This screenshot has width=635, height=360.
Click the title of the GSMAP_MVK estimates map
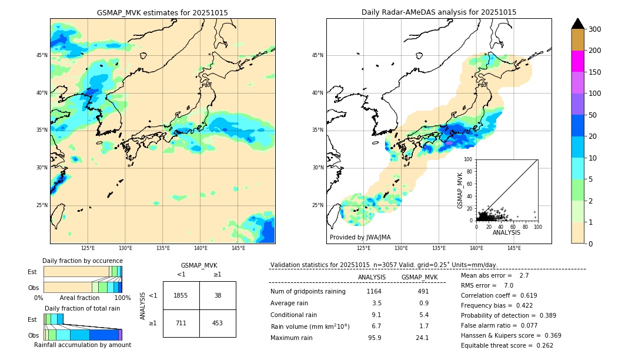[x=162, y=12]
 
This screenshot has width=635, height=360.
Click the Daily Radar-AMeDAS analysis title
[x=439, y=12]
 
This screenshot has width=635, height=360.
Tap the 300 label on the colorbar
[x=594, y=29]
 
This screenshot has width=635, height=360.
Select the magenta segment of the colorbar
[x=578, y=61]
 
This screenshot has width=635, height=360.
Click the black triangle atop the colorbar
[x=578, y=24]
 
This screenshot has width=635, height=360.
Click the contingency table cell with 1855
[x=181, y=295]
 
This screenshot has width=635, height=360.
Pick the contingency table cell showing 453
[x=218, y=323]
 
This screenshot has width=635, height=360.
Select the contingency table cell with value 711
[x=181, y=323]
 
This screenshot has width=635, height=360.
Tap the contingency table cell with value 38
[x=218, y=295]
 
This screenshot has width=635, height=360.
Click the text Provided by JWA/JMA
[x=360, y=238]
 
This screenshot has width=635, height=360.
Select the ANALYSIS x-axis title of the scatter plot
[x=506, y=232]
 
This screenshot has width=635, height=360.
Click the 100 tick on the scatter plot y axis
[x=469, y=159]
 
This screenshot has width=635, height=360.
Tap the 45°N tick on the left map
[x=42, y=55]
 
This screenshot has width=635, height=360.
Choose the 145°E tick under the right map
[x=514, y=248]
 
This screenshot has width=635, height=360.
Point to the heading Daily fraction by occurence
[x=82, y=261]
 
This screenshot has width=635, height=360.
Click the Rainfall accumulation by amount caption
[x=82, y=345]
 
